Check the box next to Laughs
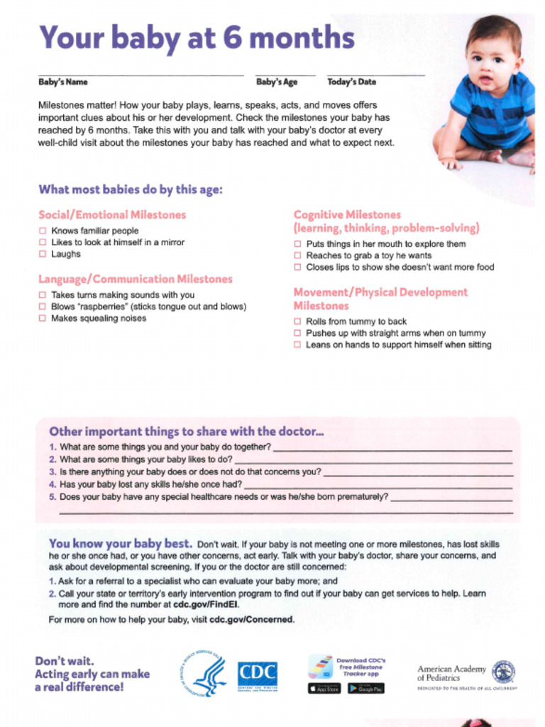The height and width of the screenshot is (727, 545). pyautogui.click(x=43, y=254)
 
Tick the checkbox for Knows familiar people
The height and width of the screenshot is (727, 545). pyautogui.click(x=43, y=231)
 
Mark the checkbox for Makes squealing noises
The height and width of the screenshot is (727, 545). pyautogui.click(x=43, y=319)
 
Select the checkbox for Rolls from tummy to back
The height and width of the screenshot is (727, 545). pyautogui.click(x=297, y=322)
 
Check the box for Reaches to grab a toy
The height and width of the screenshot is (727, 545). pyautogui.click(x=297, y=256)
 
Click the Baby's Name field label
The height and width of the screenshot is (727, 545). pyautogui.click(x=63, y=82)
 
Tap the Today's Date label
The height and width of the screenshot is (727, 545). pyautogui.click(x=352, y=82)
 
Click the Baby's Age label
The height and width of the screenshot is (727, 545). pyautogui.click(x=277, y=82)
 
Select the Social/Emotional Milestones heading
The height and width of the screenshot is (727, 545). pyautogui.click(x=112, y=214)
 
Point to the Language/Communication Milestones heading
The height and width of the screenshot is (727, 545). pyautogui.click(x=136, y=279)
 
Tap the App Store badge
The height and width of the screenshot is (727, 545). pyautogui.click(x=324, y=689)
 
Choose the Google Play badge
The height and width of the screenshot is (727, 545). pyautogui.click(x=366, y=689)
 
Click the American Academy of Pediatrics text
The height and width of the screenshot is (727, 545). pyautogui.click(x=451, y=673)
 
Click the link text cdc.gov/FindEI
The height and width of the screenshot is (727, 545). pyautogui.click(x=207, y=605)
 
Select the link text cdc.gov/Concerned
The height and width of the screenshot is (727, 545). pyautogui.click(x=251, y=619)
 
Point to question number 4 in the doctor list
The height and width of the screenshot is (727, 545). pyautogui.click(x=53, y=484)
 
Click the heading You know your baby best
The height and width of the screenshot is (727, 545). pyautogui.click(x=120, y=544)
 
